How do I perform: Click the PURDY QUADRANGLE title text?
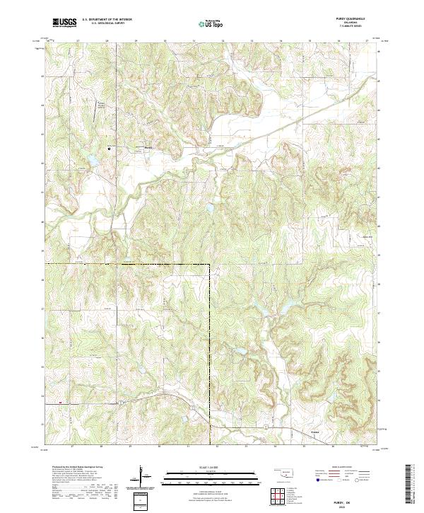coord(353,19)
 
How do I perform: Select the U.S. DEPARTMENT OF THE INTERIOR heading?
coord(107,20)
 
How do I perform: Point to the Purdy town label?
coord(148,147)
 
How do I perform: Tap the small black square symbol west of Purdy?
coord(110,149)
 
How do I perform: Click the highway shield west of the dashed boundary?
coord(121,401)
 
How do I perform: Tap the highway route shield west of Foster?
coord(265,428)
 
